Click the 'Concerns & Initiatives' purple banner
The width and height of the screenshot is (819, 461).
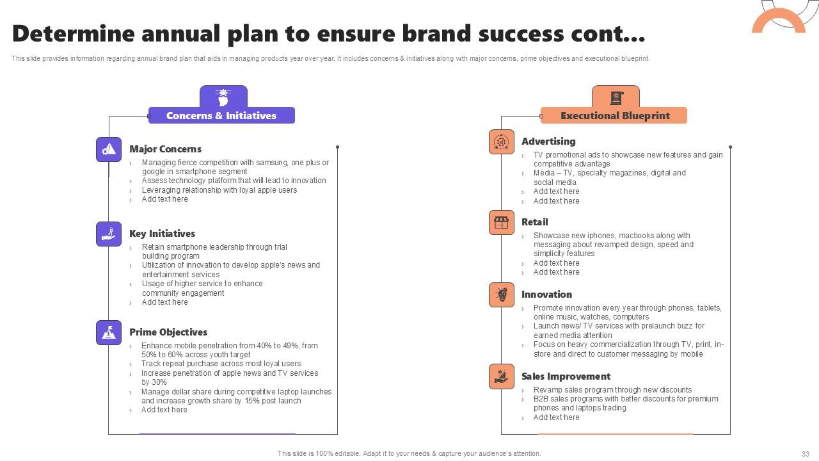(221, 116)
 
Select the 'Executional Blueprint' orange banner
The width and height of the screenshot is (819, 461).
(614, 116)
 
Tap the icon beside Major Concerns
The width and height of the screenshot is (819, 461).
(109, 149)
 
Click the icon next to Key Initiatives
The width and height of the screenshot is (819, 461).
(109, 234)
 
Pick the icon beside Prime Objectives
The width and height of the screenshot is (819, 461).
(109, 332)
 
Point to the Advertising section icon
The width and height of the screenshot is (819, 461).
(502, 142)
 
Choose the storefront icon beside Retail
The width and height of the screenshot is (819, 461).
(502, 222)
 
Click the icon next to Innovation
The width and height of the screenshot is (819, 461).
(502, 295)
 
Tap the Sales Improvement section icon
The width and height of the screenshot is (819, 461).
(502, 376)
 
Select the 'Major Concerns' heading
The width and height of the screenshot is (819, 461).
(165, 149)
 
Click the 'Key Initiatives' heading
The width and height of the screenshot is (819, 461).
(162, 234)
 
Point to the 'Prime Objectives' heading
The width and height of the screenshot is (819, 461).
(168, 332)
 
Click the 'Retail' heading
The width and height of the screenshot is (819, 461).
(534, 222)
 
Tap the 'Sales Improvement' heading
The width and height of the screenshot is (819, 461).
(566, 376)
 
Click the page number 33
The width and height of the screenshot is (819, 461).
(805, 453)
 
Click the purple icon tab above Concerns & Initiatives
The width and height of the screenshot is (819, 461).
(223, 97)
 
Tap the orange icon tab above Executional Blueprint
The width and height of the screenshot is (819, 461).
(616, 97)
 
